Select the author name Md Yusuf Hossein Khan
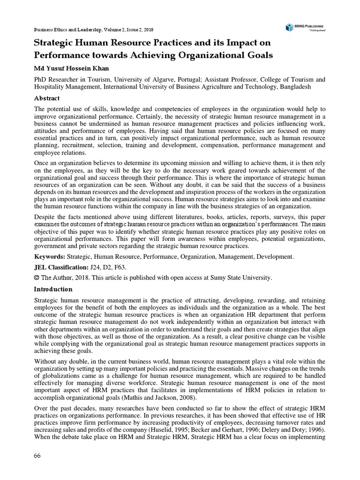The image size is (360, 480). pos(74,68)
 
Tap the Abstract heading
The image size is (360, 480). pos(47,98)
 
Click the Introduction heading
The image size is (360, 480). pos(53,289)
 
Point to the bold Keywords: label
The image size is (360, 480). pos(50,257)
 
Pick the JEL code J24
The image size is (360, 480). pos(96,267)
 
